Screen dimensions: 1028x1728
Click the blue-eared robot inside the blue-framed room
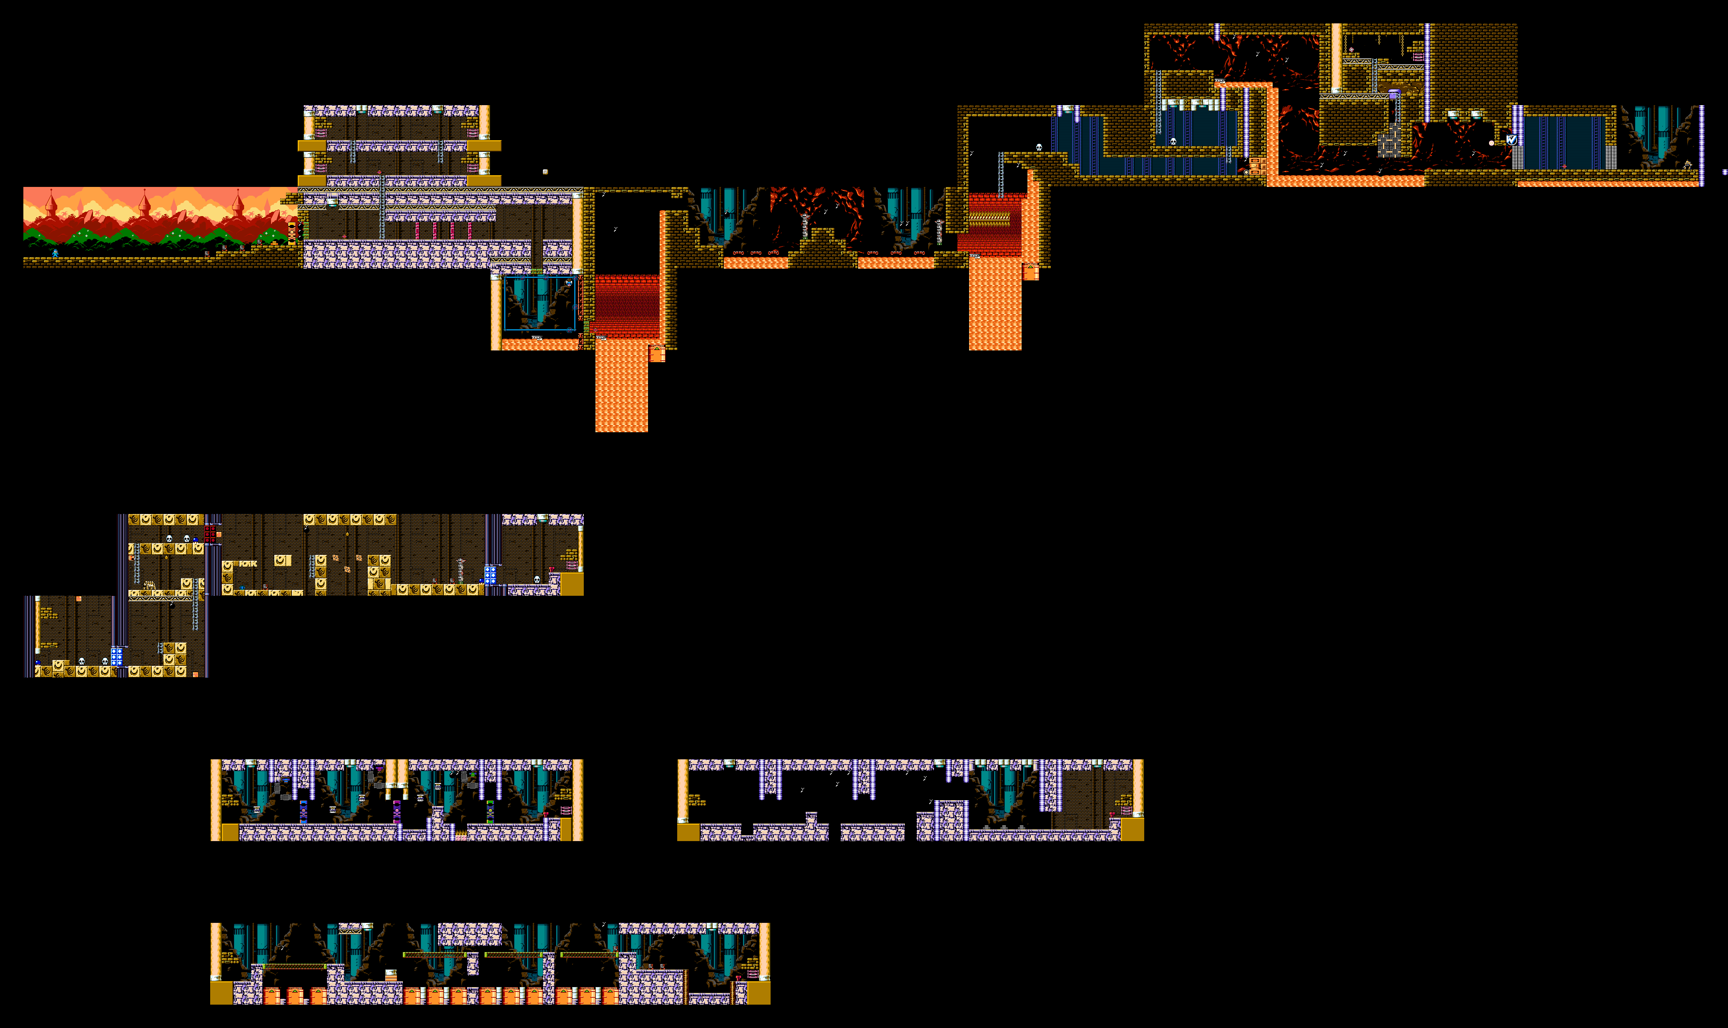point(569,283)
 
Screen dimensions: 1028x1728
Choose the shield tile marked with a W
point(1512,140)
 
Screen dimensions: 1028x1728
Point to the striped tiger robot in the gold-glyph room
point(149,585)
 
